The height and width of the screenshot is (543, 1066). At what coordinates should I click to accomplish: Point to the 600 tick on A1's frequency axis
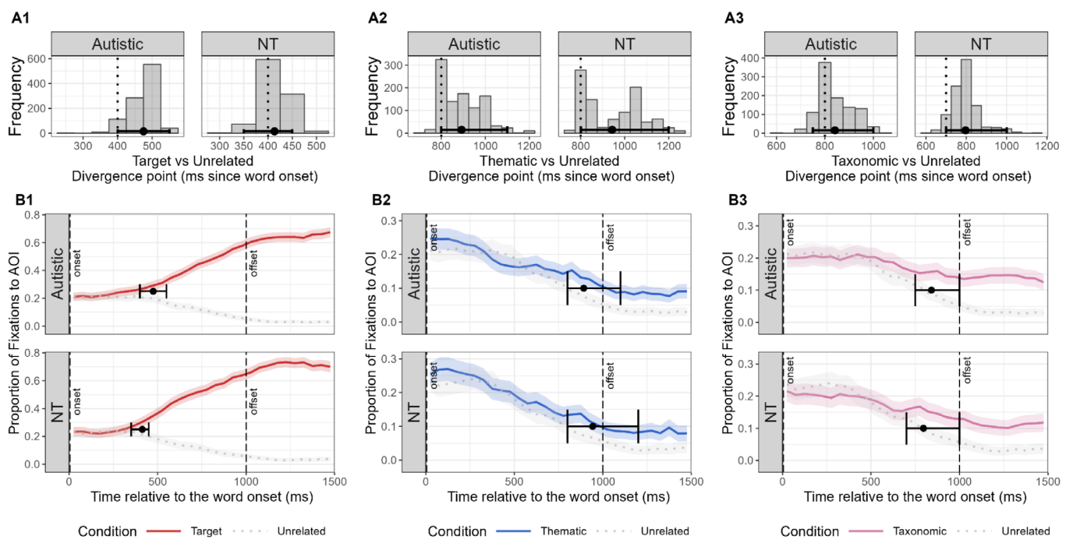click(35, 58)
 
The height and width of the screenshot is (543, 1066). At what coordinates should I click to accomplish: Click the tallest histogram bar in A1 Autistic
click(152, 98)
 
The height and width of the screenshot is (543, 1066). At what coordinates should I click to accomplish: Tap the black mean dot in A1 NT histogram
click(274, 132)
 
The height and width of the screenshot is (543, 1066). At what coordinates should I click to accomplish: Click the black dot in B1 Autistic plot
click(153, 291)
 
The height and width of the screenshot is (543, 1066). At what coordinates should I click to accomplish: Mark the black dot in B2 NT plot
click(593, 426)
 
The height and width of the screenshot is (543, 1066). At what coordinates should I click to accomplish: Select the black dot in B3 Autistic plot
click(930, 290)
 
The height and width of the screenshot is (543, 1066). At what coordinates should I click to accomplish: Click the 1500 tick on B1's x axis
click(335, 480)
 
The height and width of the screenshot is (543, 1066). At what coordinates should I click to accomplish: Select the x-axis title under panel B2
click(558, 496)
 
